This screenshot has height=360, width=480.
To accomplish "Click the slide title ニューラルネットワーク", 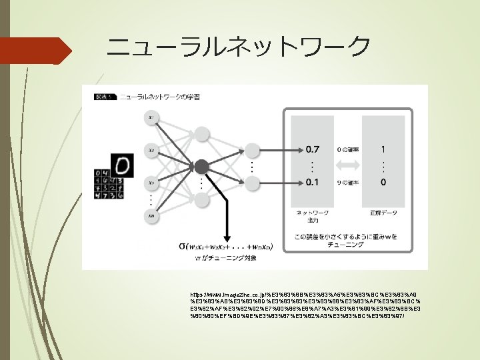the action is [x=238, y=47].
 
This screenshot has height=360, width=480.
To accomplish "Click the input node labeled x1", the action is [x=153, y=118].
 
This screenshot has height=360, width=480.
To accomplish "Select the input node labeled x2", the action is [x=153, y=151].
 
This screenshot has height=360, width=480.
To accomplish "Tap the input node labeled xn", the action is [x=153, y=215].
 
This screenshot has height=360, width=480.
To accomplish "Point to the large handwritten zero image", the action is [x=121, y=165].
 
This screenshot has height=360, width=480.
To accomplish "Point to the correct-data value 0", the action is [x=382, y=181].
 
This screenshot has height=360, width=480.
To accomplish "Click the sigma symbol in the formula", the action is [x=182, y=245].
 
